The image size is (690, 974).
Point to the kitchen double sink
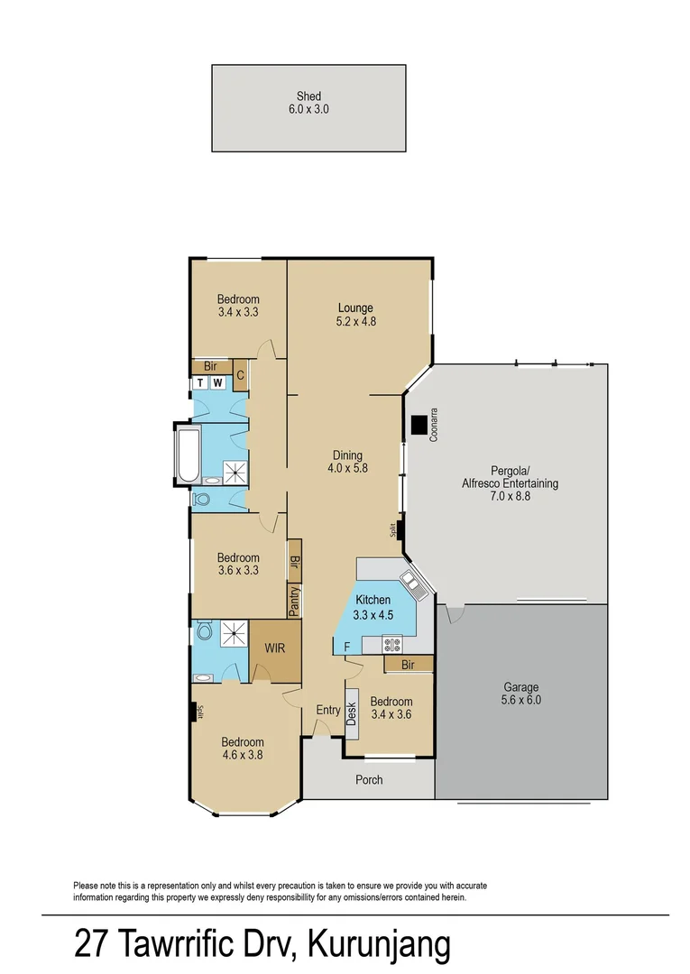(x=414, y=584)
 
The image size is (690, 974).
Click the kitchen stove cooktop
(x=392, y=644)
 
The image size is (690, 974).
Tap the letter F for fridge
(x=346, y=646)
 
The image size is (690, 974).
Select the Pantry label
(x=294, y=602)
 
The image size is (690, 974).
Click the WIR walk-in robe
(x=275, y=649)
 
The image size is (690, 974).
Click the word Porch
(x=369, y=779)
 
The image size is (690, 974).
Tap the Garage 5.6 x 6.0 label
(x=520, y=694)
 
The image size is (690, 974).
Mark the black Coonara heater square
(x=419, y=425)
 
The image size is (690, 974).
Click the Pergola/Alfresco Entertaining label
(x=511, y=476)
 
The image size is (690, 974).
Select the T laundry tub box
(x=199, y=383)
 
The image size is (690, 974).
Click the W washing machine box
(x=217, y=383)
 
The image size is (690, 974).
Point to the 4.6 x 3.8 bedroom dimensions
(x=242, y=756)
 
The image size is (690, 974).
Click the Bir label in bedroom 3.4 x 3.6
(x=408, y=664)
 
